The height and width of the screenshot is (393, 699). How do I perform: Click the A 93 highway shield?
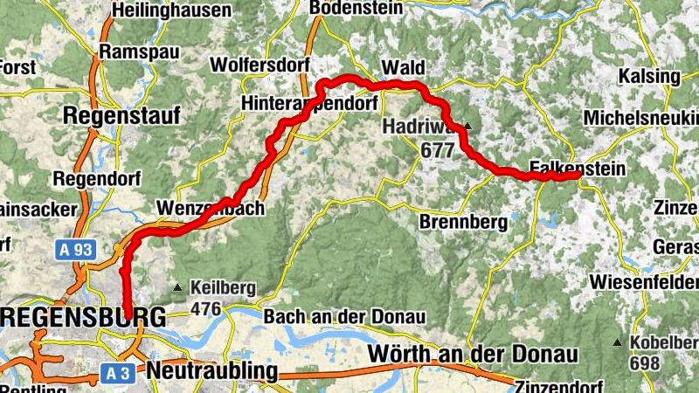coord(75,250)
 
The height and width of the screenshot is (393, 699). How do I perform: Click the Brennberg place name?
coord(463,222)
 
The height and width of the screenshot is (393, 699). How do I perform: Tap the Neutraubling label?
coord(212,372)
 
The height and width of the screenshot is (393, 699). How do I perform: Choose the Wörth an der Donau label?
coord(474,355)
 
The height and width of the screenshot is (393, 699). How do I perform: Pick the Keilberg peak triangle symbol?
coord(178,286)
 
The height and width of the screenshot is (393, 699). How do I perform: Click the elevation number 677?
coord(437,150)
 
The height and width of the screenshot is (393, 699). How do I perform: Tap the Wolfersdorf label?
coord(258,65)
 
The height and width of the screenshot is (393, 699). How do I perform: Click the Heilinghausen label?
coord(172,11)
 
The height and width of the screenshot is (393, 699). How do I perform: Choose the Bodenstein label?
coord(356,7)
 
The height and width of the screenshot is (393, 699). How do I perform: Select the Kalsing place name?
coord(648,76)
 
